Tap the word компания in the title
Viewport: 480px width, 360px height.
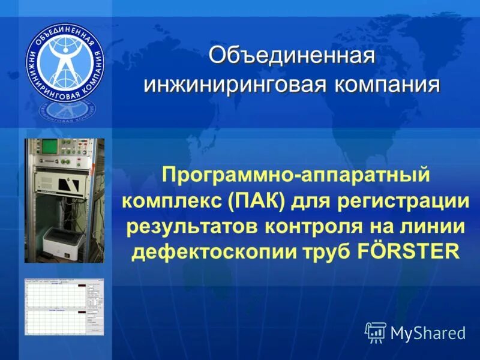(x=383, y=85)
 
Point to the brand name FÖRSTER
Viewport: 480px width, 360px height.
(x=407, y=251)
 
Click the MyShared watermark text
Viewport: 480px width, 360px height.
(x=428, y=333)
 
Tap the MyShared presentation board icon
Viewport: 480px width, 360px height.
(x=376, y=332)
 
